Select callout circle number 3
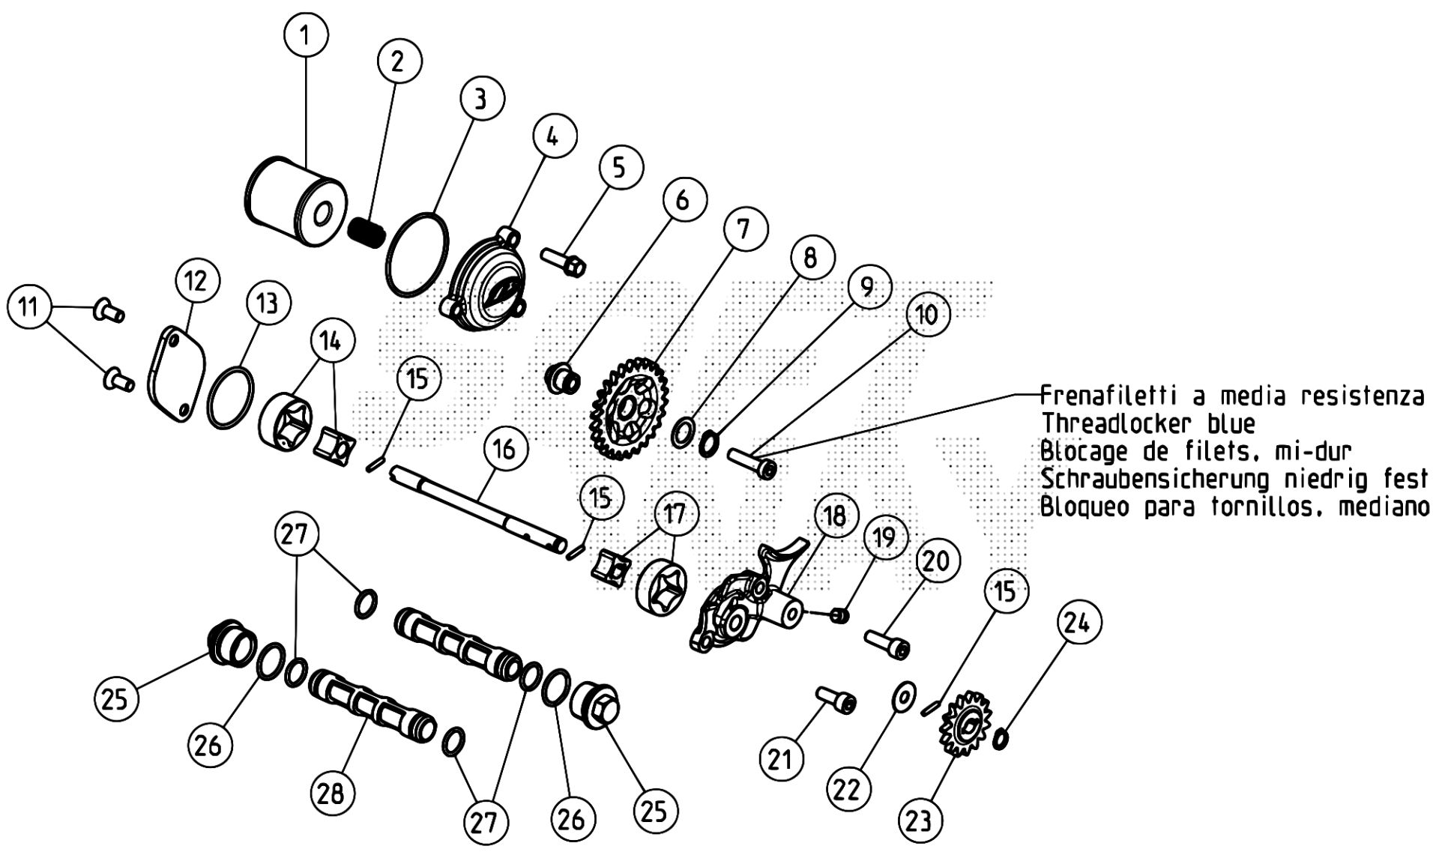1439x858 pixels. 480,98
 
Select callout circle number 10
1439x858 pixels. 927,315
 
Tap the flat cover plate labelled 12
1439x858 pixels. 173,373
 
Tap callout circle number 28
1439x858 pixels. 331,791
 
